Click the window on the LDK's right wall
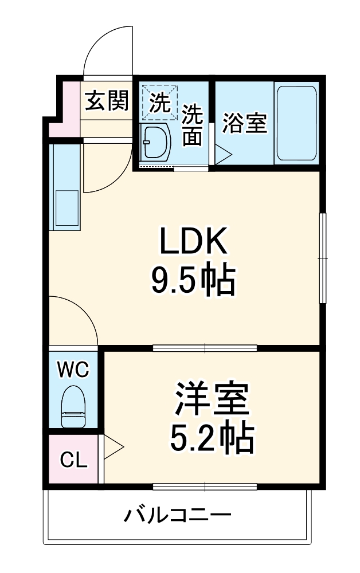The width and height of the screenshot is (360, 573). pyautogui.click(x=323, y=258)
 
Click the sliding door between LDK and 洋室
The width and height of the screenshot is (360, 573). pyautogui.click(x=205, y=347)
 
